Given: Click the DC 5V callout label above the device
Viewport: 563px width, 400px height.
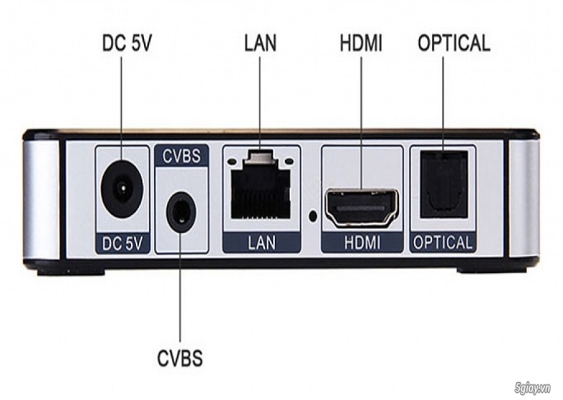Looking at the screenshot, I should [123, 42].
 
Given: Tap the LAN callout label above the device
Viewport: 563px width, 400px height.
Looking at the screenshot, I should [260, 42].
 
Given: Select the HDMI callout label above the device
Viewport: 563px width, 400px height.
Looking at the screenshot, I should [361, 42].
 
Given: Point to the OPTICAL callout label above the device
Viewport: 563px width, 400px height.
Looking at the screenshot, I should [454, 42].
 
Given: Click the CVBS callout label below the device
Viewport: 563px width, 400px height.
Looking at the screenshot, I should [179, 359].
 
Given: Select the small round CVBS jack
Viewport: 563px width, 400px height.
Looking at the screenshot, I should [180, 213].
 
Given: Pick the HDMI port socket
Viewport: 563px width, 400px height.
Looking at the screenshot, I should [361, 208].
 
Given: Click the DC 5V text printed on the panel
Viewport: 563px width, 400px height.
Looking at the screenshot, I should [123, 242].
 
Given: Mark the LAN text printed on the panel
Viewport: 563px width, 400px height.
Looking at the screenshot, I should [260, 242].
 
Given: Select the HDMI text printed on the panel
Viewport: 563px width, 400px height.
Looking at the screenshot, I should [361, 242].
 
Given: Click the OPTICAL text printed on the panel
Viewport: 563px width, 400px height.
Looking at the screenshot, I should [444, 242].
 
